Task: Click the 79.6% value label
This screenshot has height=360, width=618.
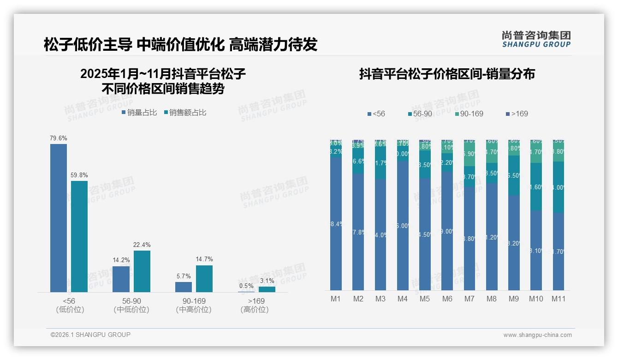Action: pos(59,138)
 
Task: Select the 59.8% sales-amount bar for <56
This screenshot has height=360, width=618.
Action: pos(79,236)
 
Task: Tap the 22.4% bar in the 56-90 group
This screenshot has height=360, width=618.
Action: pos(142,271)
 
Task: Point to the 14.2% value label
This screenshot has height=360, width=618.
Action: pos(121,260)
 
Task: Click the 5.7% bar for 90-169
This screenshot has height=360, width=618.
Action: pos(184,287)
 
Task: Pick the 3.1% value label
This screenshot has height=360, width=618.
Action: pos(267,281)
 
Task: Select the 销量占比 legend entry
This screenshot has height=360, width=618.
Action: pos(139,112)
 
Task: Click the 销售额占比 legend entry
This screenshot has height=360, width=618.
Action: pos(185,112)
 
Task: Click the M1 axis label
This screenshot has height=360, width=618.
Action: pos(336,299)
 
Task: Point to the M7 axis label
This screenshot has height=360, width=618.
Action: pos(469,299)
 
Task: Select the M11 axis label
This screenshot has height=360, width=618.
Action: pos(559,299)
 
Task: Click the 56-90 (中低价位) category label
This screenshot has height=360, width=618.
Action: pos(131,305)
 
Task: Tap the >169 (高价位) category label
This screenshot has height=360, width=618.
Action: pos(255,305)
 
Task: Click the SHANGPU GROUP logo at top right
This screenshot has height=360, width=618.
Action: pos(536,39)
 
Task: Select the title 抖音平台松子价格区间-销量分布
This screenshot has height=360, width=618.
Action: pos(447,74)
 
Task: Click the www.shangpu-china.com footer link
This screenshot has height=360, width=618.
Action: pos(537,335)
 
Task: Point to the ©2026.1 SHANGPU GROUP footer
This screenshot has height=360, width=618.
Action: pos(90,335)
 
